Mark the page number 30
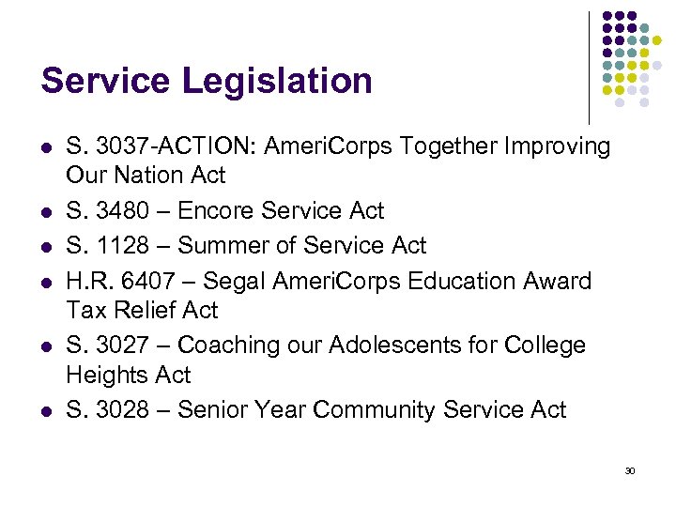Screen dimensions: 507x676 tap(630, 470)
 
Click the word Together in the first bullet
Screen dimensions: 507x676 tap(437, 146)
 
